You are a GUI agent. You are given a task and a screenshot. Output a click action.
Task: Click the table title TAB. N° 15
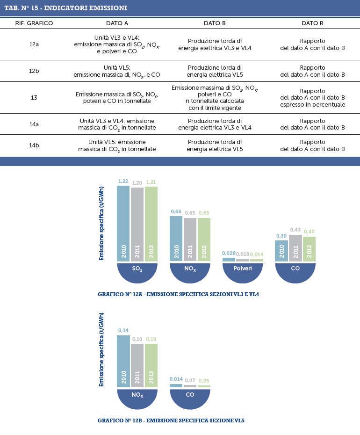(66, 8)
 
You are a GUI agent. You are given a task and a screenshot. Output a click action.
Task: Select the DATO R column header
(313, 23)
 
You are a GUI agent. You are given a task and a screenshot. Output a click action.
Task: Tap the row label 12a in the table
(34, 44)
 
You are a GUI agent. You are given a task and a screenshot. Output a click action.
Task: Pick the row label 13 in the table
(34, 98)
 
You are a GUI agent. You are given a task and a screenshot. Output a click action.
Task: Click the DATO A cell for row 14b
(117, 145)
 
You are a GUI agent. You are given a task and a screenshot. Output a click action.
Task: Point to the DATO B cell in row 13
(215, 98)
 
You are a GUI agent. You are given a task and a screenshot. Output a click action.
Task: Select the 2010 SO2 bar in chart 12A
(123, 224)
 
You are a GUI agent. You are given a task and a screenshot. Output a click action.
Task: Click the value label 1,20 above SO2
(137, 183)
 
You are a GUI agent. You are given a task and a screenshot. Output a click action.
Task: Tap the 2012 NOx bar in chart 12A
(204, 239)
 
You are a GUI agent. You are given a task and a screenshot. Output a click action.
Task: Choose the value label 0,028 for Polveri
(229, 254)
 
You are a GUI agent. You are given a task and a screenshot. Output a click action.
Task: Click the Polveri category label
(243, 268)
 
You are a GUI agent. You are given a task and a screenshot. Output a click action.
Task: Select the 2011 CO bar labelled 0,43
(295, 248)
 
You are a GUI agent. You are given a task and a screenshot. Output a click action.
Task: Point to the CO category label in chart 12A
(295, 268)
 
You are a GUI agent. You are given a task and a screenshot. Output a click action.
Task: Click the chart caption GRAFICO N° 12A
(178, 294)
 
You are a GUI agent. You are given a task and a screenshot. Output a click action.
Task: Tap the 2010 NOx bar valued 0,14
(123, 362)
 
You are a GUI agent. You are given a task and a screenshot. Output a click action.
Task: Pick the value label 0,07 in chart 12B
(190, 380)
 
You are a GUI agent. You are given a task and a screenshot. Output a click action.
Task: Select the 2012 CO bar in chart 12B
(204, 386)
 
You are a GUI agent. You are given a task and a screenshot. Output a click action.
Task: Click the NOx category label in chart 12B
(137, 395)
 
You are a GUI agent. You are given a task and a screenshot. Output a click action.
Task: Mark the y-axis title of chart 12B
(101, 349)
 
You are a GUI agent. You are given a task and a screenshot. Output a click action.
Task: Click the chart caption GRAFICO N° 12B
(171, 420)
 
